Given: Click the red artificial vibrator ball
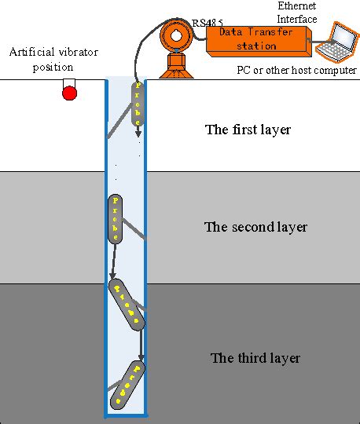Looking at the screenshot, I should (69, 93).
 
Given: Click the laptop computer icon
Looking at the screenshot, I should (336, 43).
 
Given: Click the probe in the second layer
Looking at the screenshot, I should (116, 217).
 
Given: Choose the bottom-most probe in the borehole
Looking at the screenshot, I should (127, 382).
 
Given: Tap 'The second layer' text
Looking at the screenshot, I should (255, 228).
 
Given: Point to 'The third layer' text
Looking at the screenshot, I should (255, 358).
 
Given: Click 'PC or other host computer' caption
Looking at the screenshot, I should (296, 71).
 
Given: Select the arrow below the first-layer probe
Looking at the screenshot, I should (138, 131).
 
